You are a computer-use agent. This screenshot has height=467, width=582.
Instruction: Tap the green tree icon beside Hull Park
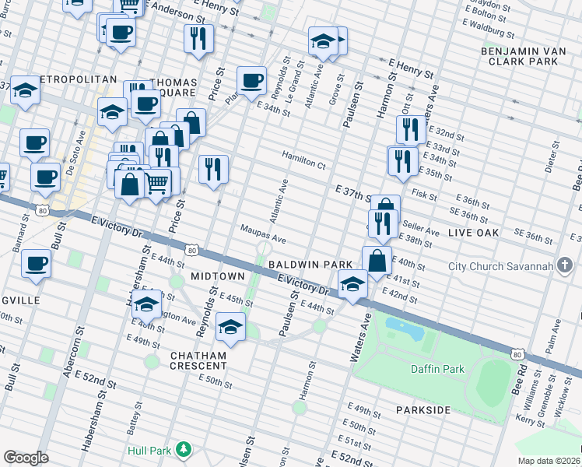[x=184, y=449]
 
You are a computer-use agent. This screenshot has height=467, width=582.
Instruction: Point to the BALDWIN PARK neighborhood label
[x=312, y=265]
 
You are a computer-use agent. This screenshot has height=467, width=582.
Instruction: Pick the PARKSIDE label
[x=422, y=409]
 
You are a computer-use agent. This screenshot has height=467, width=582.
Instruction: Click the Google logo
[x=26, y=458]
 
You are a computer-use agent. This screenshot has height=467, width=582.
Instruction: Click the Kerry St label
[x=530, y=420]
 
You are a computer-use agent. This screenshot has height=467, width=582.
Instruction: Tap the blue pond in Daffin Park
[x=405, y=328]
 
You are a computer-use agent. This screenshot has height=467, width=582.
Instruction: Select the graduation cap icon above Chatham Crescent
[x=230, y=326]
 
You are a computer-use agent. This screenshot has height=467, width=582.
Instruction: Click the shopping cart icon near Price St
[x=157, y=184]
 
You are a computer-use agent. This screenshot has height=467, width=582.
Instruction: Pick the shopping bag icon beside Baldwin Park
[x=376, y=262]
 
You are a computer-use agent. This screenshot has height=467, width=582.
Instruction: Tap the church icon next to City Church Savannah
[x=564, y=267]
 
